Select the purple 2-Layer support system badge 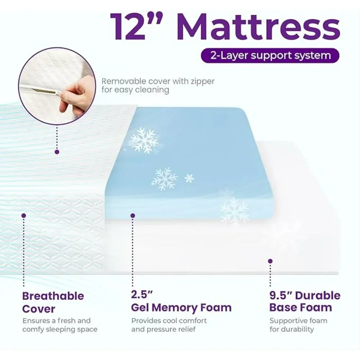270,56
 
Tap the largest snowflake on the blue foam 144,140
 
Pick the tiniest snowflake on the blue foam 189,178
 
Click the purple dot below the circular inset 57,152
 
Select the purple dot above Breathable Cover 24,215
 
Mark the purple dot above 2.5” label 132,215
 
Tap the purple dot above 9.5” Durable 270,261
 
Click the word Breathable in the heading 53,296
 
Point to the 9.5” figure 282,296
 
